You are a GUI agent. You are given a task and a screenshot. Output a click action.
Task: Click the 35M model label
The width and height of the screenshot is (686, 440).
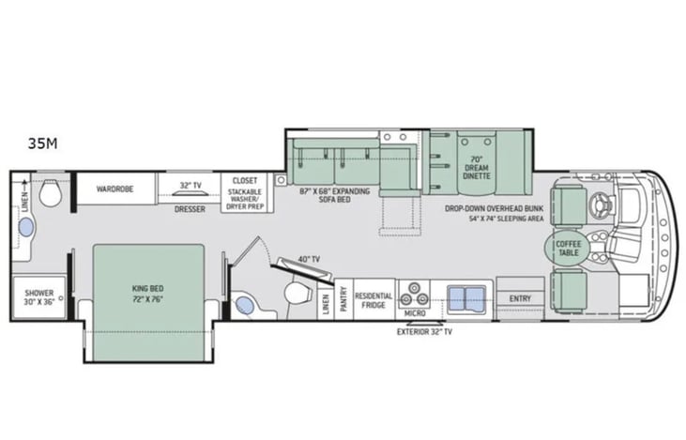coord(42,144)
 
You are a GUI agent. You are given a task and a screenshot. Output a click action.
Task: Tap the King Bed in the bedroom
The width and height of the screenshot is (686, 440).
coord(148,303)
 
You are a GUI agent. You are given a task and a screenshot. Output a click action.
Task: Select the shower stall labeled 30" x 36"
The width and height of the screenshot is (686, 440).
coord(38,297)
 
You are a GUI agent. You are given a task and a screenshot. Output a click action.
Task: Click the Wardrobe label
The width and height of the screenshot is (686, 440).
coord(114,189)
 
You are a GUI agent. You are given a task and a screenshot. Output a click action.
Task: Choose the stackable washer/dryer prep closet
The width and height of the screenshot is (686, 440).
coord(245,193)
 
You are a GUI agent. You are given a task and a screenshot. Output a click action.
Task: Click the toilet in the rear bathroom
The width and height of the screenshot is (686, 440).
coord(50,193)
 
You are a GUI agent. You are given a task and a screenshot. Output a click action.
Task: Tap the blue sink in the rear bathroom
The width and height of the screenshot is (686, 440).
coord(26,228)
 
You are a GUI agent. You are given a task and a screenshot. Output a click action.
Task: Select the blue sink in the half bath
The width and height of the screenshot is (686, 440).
coord(245,305)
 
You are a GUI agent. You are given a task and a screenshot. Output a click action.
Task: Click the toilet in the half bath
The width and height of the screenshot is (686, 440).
coord(297,293)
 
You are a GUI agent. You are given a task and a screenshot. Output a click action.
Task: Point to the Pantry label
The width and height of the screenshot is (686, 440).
coord(343,299)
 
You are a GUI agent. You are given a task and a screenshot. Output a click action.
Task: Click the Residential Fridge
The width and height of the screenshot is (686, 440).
coord(373,299)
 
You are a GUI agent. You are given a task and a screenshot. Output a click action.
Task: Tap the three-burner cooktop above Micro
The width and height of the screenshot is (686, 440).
coord(414,294)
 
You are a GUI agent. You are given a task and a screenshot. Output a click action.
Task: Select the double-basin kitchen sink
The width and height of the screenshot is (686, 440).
coord(466,299)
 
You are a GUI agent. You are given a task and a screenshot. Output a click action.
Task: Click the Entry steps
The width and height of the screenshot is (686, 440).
coord(520,298)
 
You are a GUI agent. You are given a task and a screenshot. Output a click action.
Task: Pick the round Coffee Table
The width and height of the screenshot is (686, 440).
coord(569,248)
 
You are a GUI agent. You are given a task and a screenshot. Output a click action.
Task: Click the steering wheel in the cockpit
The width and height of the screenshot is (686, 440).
coord(602,205)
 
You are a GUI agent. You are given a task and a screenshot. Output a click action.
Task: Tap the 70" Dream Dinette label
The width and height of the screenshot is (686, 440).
coord(477,168)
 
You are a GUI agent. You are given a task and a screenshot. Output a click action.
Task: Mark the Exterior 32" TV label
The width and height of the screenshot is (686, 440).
coord(424,331)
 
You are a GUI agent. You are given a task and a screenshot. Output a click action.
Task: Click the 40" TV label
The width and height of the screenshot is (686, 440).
coord(309,259)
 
